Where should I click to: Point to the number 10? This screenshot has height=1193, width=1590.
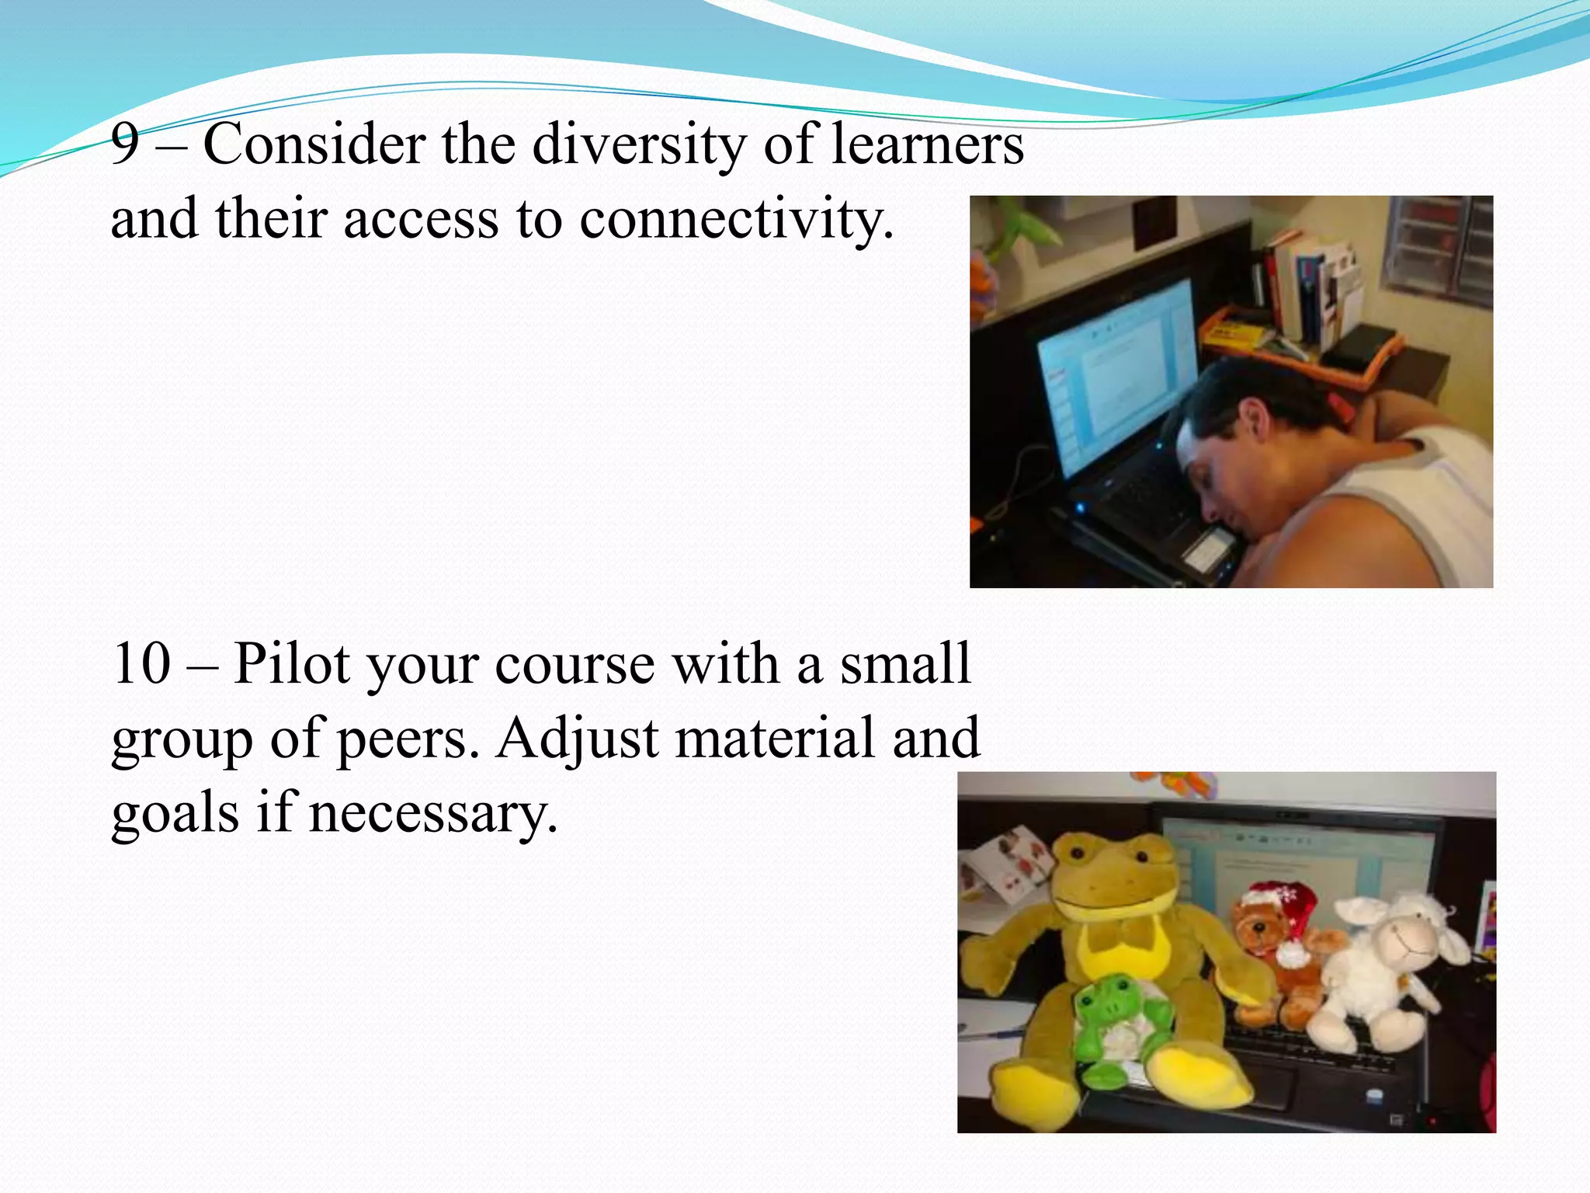coord(141,664)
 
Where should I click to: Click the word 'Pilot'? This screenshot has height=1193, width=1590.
coord(291,664)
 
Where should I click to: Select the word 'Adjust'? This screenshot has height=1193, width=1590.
coord(578,739)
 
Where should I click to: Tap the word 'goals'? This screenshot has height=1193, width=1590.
coord(175,814)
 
